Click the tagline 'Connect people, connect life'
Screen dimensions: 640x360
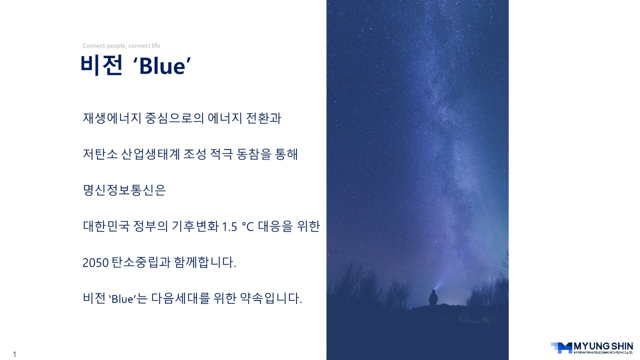[121, 45]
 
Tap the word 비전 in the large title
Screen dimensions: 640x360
[101, 65]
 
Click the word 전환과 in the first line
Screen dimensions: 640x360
[263, 118]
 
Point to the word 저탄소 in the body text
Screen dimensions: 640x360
[100, 154]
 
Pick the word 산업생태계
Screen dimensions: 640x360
[150, 154]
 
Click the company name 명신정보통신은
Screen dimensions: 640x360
[124, 190]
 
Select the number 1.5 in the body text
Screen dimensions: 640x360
[229, 227]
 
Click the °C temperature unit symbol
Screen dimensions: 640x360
[247, 227]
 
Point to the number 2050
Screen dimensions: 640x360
[95, 263]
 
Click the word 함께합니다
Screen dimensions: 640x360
[205, 262]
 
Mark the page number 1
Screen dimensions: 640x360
[14, 354]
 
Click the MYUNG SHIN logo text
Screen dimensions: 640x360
[603, 346]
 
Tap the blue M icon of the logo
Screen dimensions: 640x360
[561, 347]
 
